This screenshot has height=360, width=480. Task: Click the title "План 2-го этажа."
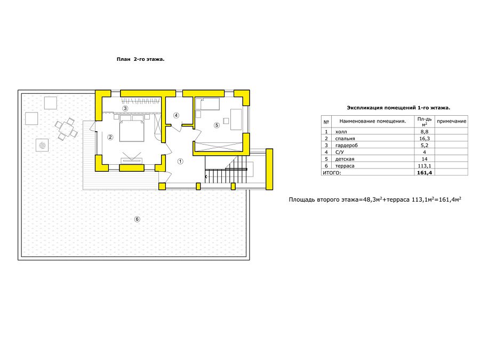(140, 59)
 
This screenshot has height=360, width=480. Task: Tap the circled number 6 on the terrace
(137, 219)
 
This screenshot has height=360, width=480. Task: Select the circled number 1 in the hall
(180, 161)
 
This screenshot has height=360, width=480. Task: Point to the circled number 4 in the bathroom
(176, 115)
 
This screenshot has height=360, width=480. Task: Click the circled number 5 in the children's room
(217, 125)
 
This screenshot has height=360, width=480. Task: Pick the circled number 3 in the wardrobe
(125, 108)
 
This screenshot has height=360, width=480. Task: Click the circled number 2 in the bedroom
(110, 137)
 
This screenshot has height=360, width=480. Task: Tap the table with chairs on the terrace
(66, 129)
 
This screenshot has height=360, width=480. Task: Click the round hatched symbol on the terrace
(42, 145)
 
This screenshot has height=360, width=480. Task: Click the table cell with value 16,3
(425, 138)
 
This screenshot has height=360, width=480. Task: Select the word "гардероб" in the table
(346, 146)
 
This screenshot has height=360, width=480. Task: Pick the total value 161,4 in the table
(425, 173)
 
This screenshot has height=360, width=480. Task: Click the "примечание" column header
(452, 121)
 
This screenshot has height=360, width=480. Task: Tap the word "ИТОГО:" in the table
(332, 173)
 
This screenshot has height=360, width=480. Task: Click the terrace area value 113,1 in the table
(425, 166)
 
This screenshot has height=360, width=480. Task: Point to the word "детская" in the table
(345, 159)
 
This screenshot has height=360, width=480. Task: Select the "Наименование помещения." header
(373, 121)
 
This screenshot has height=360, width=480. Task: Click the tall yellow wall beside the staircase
(269, 169)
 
